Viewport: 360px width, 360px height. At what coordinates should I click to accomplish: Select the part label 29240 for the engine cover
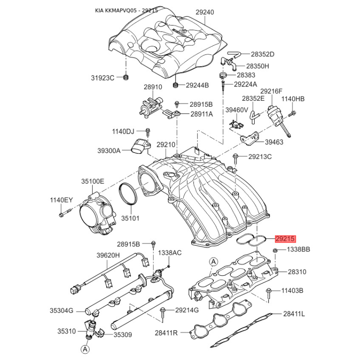[205, 12]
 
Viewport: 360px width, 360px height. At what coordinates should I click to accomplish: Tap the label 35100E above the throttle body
[93, 181]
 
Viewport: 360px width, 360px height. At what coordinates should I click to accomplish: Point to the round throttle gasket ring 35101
[128, 193]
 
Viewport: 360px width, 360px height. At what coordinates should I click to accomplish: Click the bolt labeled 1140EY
[65, 213]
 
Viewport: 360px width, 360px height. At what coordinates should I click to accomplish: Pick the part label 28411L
[294, 314]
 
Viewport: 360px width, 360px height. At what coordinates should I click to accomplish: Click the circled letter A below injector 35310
[85, 349]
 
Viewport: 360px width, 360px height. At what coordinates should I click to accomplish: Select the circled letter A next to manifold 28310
[213, 261]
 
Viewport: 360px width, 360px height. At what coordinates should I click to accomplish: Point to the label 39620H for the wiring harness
[108, 255]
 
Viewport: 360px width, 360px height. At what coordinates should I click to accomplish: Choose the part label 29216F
[271, 91]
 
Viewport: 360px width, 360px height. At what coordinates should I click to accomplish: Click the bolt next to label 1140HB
[292, 113]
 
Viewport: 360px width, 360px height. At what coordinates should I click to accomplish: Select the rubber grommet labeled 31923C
[126, 77]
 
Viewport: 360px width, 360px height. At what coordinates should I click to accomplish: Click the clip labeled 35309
[99, 333]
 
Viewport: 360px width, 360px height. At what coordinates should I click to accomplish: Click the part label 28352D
[262, 54]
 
